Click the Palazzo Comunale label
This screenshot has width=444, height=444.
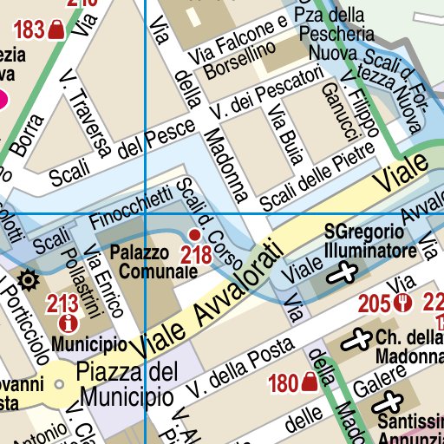pyautogui.click(x=148, y=262)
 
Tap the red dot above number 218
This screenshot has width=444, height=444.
pyautogui.click(x=194, y=235)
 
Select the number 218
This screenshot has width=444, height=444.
pyautogui.click(x=196, y=255)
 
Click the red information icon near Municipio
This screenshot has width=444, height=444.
pyautogui.click(x=66, y=323)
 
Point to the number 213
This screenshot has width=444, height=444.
pyautogui.click(x=63, y=304)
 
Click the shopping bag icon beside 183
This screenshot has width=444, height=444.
pyautogui.click(x=57, y=31)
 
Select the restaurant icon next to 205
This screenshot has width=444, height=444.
pyautogui.click(x=401, y=304)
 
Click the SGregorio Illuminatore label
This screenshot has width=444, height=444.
pyautogui.click(x=363, y=243)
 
